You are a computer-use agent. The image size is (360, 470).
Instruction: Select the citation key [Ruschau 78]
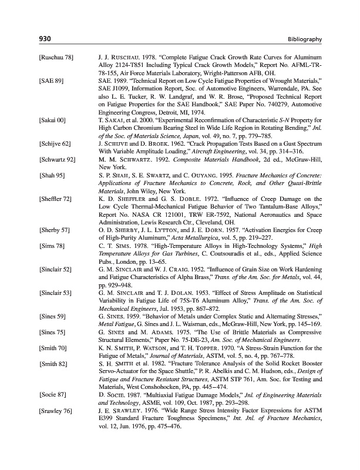pyautogui.click(x=56, y=57)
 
